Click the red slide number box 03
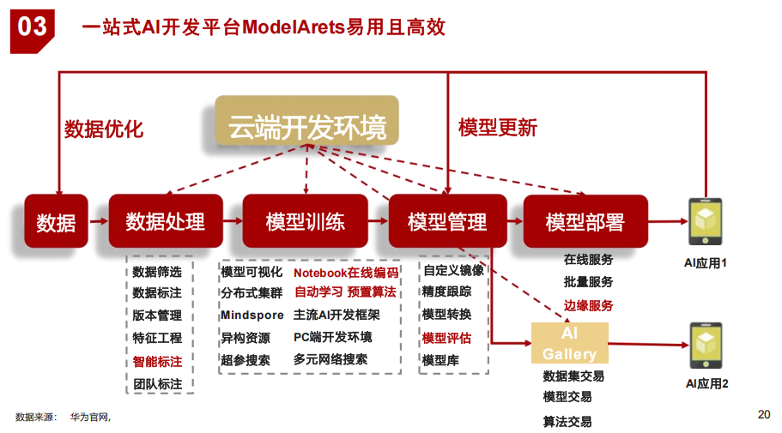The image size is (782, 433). pos(33,27)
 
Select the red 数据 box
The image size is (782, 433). pos(57,222)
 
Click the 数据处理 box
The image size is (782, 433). pos(166,221)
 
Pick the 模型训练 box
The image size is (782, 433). pos(306,221)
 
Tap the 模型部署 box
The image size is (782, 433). pos(585,221)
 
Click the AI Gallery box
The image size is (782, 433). pos(569,343)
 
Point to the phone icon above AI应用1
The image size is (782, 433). pos(706,221)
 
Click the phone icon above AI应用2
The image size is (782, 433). pos(706,345)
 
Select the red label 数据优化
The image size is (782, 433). pos(104,129)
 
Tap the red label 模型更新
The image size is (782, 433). pos(498,128)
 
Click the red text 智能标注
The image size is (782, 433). pos(157,361)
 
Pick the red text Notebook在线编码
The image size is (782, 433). pos(346,273)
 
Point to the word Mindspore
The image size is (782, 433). pos(252,316)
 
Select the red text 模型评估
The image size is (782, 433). pos(446,338)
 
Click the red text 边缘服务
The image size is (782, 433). pos(588,305)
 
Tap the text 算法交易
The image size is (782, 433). pos(567,421)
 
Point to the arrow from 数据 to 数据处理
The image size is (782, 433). pos(98,221)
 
